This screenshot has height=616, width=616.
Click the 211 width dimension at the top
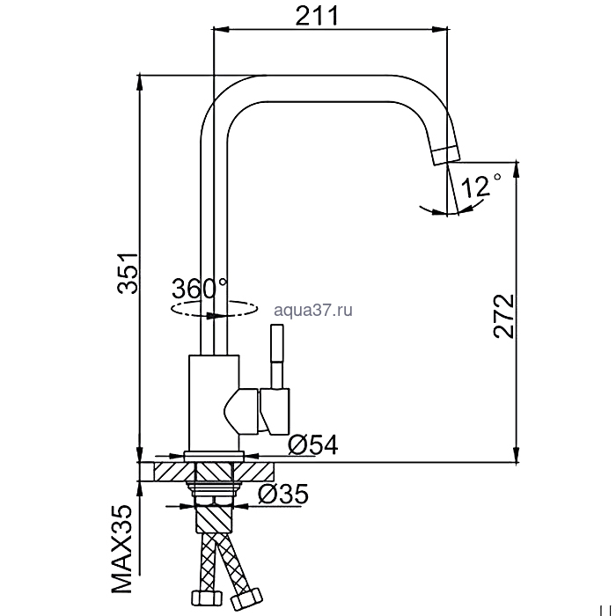[316, 16]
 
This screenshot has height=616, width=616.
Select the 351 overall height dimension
[128, 274]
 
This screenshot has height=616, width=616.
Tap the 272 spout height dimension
[503, 316]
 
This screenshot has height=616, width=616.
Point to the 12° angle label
[481, 185]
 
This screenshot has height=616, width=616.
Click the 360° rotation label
[199, 288]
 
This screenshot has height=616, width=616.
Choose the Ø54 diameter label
[312, 445]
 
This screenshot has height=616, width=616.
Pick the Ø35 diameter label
[283, 494]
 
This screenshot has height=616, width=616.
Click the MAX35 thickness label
[121, 549]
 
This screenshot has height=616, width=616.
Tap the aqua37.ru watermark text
[313, 311]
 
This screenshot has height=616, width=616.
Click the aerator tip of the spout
[446, 155]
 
